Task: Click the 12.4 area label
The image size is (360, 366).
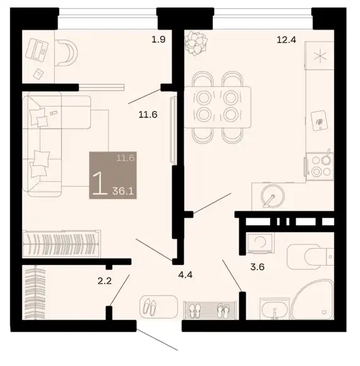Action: click(286, 40)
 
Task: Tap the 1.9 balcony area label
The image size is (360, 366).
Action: click(159, 39)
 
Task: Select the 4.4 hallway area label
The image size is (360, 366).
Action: click(185, 274)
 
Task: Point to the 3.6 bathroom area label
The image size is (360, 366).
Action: click(257, 266)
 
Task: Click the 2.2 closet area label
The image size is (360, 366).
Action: click(104, 281)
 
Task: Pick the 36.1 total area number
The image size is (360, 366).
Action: click(123, 191)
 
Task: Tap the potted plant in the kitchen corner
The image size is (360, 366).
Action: click(196, 44)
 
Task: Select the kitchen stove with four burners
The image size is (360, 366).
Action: click(320, 166)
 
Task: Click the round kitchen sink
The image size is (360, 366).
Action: click(272, 196)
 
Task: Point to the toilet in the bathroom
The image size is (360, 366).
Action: click(310, 257)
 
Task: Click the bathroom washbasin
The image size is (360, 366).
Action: click(275, 309)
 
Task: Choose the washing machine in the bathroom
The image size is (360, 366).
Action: click(260, 243)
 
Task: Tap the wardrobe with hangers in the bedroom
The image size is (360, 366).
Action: click(62, 244)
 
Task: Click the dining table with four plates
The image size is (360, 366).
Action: click(218, 107)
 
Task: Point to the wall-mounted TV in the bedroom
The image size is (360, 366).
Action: click(173, 129)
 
